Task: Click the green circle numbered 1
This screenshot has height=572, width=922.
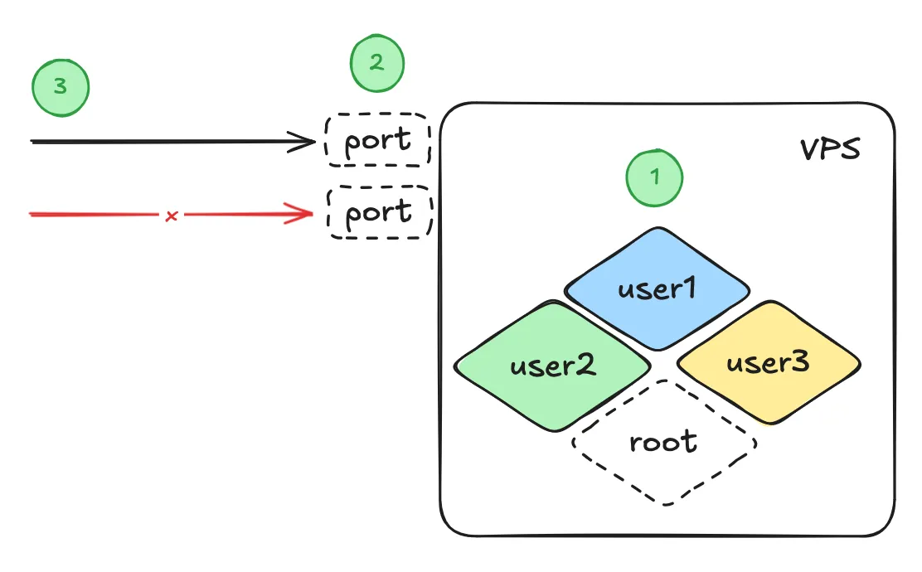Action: coord(654,177)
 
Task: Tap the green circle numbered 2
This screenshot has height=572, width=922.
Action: coord(376,64)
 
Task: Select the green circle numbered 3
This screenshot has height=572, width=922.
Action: coord(60,87)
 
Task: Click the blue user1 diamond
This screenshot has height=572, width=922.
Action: coord(658,289)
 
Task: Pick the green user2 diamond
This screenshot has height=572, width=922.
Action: coord(553,366)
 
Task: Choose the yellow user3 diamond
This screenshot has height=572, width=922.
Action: coord(769,363)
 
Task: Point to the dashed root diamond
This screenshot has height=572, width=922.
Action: coord(664,442)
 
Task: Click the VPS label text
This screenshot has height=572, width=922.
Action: coord(830,151)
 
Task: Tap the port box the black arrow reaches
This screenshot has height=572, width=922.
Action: coord(378,141)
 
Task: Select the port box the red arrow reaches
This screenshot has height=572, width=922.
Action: coord(380,213)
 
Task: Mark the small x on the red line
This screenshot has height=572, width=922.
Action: coord(171,216)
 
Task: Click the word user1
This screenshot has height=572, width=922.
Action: coord(658,289)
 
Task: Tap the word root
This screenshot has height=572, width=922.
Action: coord(664,442)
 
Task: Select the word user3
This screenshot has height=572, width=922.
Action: coord(769,363)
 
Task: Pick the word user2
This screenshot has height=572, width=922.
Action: coord(553,366)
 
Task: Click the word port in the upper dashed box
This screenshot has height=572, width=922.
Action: coord(378,141)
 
